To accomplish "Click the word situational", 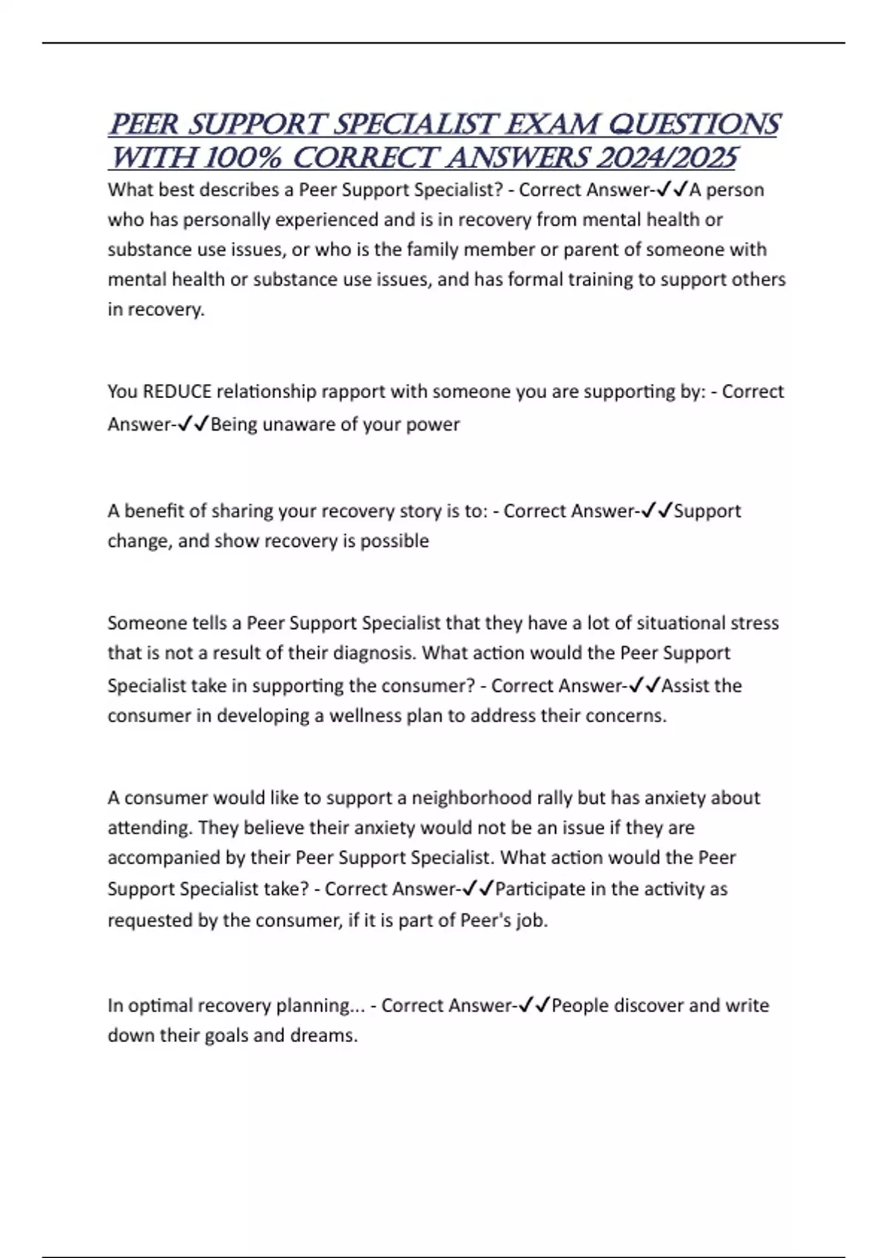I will [x=673, y=622].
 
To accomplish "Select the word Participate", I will [x=540, y=889].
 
